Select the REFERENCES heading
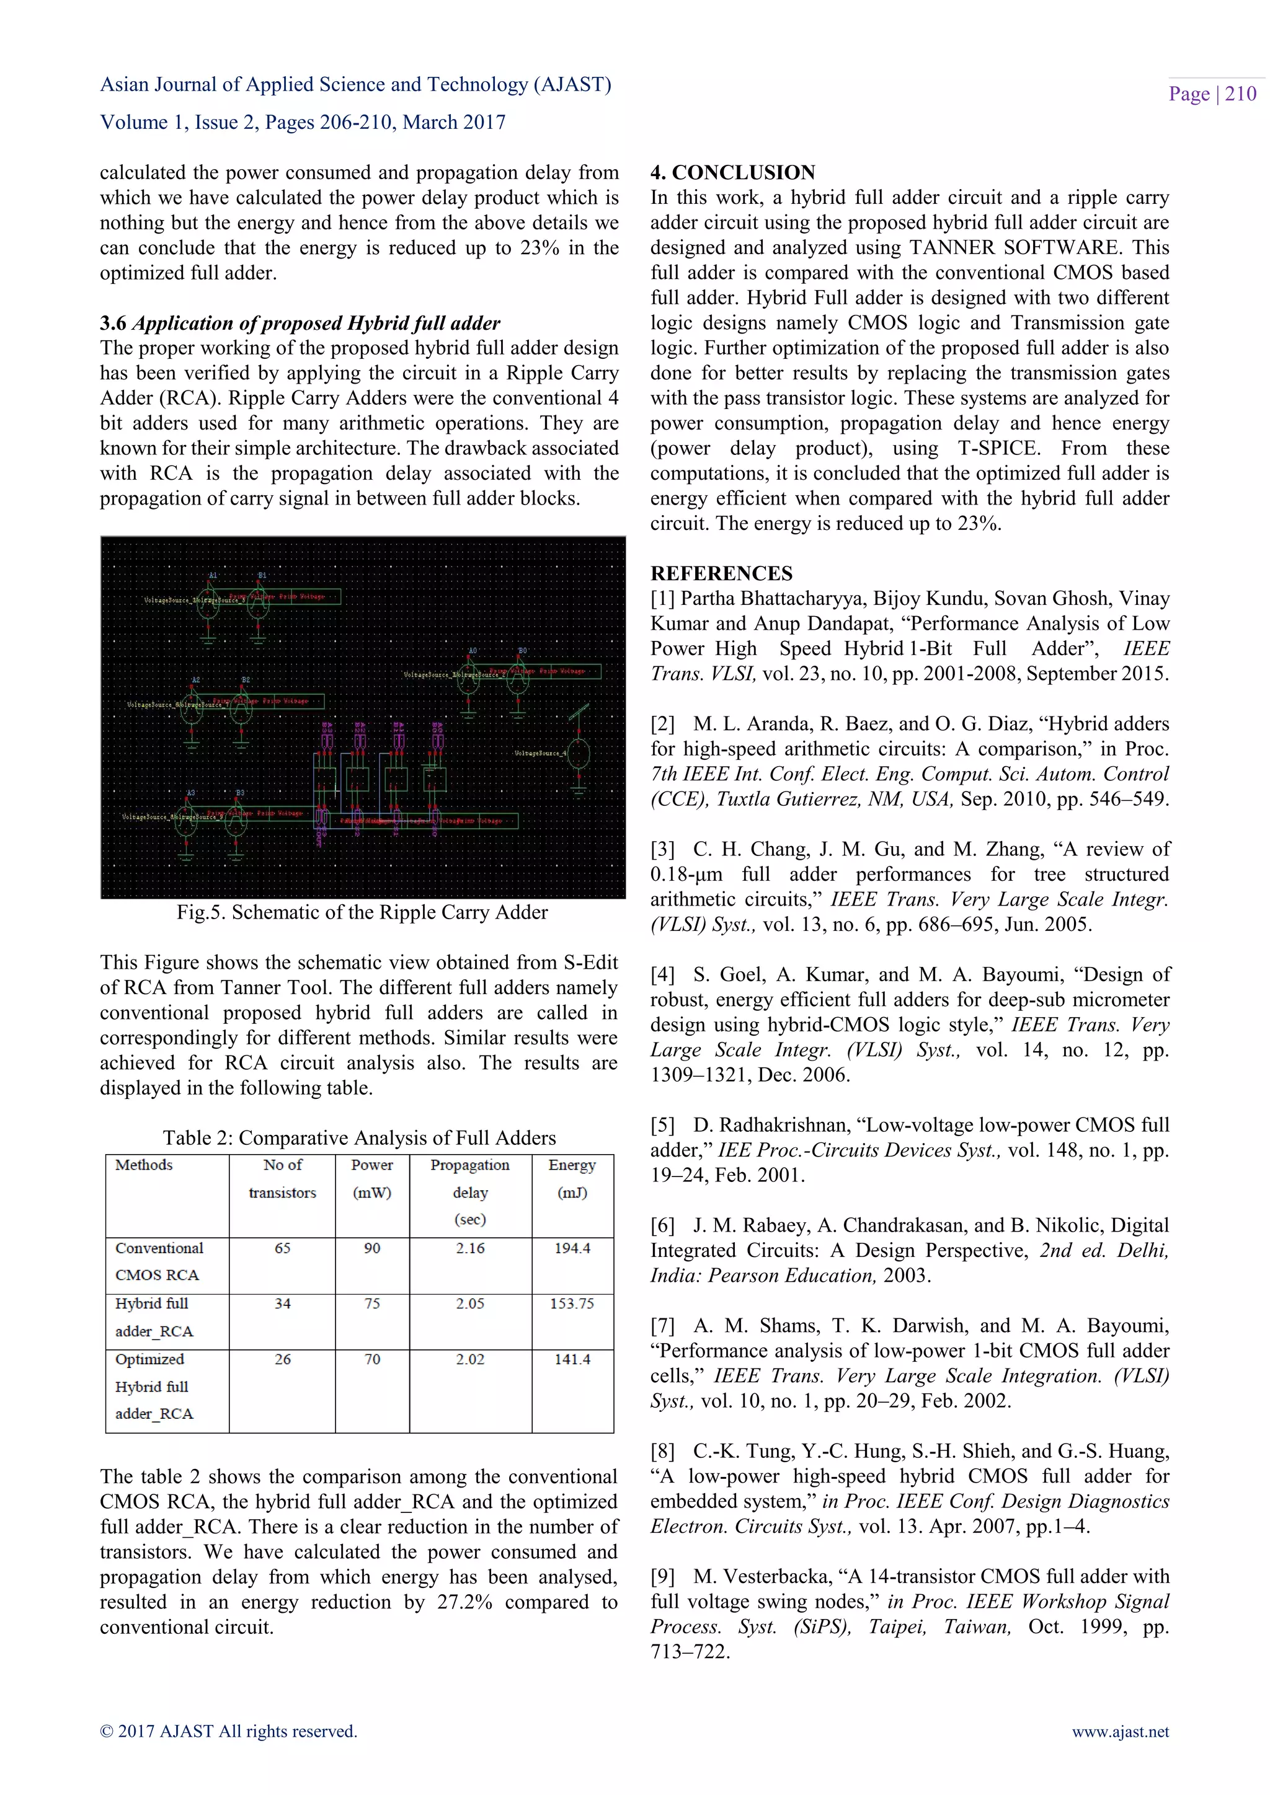tap(721, 573)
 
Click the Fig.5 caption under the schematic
tap(362, 912)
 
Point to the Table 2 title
tap(359, 1137)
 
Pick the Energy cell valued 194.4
tap(572, 1248)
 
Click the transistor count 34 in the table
tap(282, 1303)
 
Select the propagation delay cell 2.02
tap(470, 1359)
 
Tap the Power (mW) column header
tap(372, 1178)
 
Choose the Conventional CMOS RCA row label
tap(159, 1261)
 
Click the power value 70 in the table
tap(372, 1359)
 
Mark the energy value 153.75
tap(572, 1303)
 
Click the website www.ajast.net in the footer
tap(1120, 1732)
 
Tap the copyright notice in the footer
tap(228, 1732)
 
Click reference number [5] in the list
tap(662, 1125)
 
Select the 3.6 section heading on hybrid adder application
tap(300, 323)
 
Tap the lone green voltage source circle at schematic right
tap(579, 754)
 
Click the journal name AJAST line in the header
tap(356, 84)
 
